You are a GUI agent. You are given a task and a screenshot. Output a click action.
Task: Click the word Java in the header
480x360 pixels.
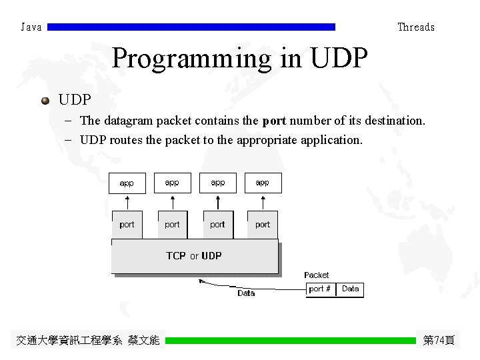[31, 27]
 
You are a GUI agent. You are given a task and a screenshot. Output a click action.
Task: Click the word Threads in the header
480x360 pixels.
[416, 27]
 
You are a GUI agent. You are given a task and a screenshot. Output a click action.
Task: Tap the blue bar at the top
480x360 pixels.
[192, 27]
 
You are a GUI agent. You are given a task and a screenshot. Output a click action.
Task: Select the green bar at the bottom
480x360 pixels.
[290, 341]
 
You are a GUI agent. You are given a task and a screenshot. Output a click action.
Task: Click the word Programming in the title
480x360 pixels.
[191, 59]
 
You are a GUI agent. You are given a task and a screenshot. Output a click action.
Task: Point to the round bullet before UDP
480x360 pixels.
[45, 101]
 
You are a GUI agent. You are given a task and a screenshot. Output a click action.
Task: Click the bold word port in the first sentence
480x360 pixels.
[274, 121]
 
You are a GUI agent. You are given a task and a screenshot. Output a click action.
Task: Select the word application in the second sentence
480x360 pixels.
[327, 140]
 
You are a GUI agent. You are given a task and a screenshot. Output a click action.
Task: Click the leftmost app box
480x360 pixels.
[127, 183]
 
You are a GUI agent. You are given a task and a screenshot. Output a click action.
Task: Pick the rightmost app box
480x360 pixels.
[263, 183]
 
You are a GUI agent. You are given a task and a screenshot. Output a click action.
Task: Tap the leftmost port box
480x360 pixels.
[127, 225]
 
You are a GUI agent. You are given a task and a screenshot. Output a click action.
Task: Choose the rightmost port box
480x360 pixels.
[263, 225]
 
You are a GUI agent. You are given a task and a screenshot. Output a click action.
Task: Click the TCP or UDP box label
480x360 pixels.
[194, 256]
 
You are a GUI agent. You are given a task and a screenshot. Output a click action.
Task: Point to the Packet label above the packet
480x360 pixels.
[317, 275]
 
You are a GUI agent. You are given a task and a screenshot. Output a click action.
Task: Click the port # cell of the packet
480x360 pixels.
[321, 289]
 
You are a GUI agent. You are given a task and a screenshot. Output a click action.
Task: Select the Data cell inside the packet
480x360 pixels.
[350, 289]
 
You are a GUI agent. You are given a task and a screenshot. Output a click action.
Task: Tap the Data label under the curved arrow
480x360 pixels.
[246, 293]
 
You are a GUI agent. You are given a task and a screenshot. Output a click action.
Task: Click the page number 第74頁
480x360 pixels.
[439, 341]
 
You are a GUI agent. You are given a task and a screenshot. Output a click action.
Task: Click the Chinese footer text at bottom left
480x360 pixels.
[88, 341]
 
